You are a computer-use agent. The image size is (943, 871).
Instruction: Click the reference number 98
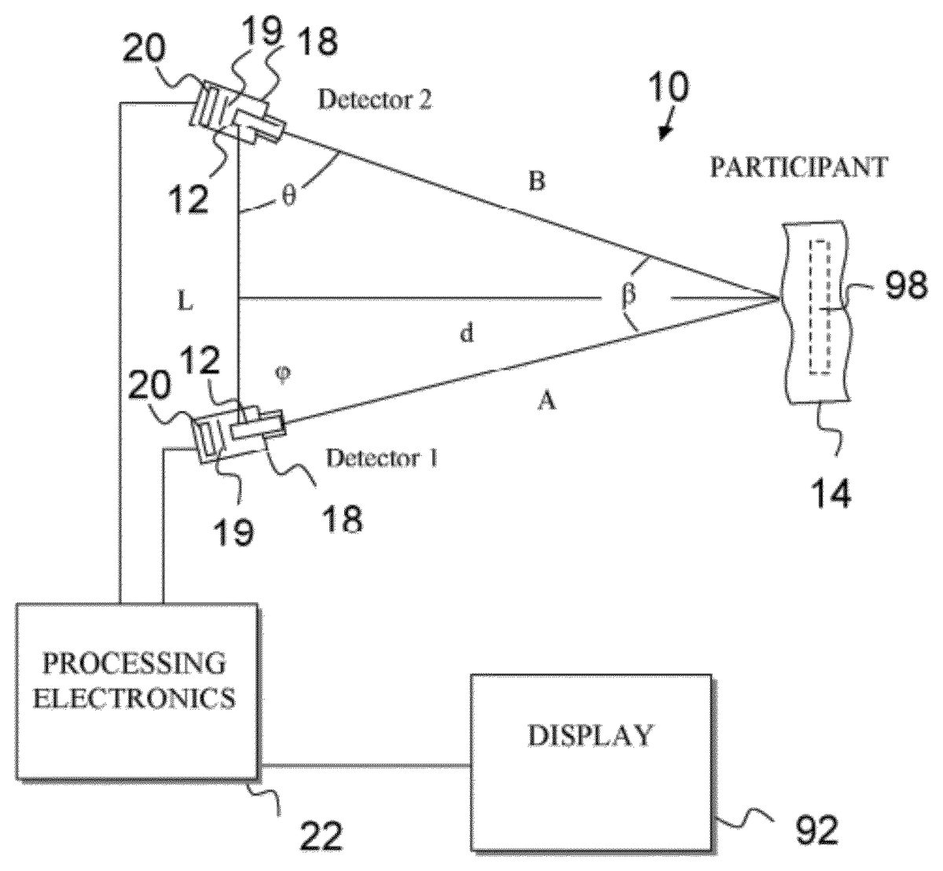click(906, 286)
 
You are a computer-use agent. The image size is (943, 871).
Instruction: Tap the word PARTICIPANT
click(800, 167)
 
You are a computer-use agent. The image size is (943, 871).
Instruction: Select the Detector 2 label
click(374, 100)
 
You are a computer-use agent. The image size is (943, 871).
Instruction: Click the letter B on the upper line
click(538, 182)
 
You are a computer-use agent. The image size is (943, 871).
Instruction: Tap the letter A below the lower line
click(547, 402)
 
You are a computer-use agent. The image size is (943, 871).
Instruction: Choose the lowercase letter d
click(467, 334)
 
